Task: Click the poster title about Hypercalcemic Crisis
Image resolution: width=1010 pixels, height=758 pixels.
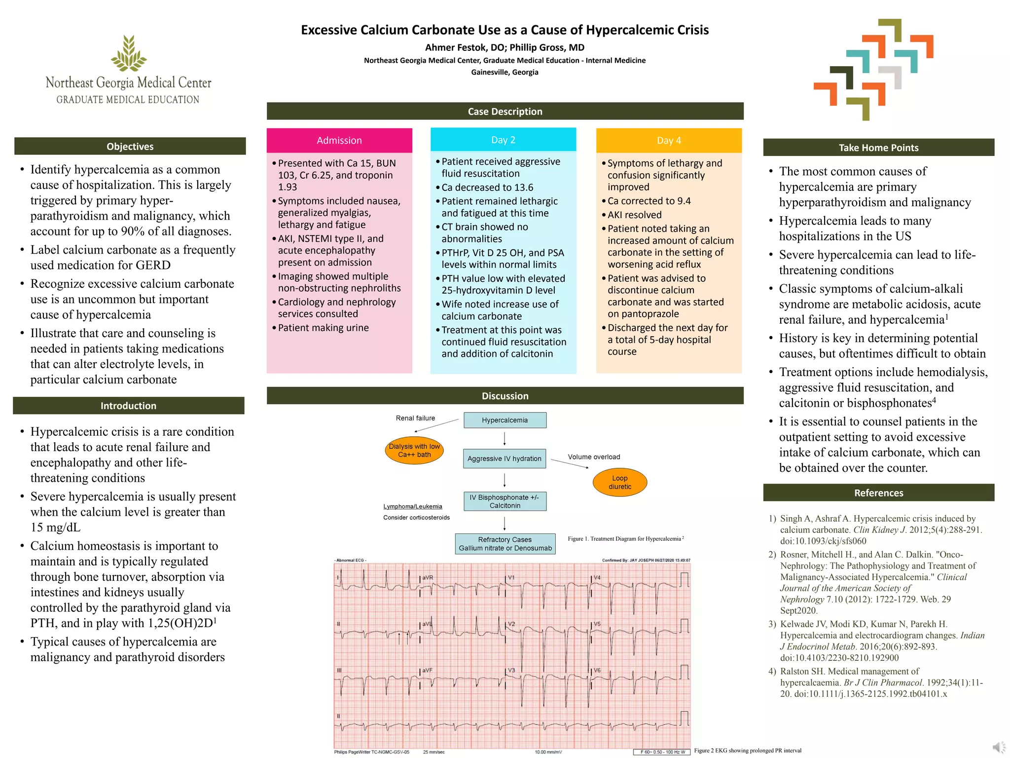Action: (505, 30)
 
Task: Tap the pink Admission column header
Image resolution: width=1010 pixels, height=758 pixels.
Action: (339, 141)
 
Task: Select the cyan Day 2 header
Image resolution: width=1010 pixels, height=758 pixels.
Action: (503, 140)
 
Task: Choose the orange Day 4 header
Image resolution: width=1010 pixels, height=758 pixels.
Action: (669, 141)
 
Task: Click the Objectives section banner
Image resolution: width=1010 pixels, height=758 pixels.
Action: (130, 147)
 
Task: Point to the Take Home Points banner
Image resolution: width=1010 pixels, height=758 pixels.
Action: (878, 148)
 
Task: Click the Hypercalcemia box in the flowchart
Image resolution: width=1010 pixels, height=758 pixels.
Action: (505, 420)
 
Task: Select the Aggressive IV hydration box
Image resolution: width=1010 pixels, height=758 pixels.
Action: (505, 458)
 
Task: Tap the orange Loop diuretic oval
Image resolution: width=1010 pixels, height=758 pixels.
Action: (619, 482)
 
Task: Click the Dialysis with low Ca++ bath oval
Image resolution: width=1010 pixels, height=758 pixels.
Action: (414, 451)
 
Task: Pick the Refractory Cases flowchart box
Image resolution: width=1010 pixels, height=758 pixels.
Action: (505, 544)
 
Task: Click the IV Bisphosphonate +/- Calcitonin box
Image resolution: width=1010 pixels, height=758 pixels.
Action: (505, 501)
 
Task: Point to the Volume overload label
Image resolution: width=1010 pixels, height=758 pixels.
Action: (594, 457)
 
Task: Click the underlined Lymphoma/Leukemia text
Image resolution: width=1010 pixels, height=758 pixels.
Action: (413, 506)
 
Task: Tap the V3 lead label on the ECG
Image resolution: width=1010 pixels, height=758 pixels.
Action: (511, 670)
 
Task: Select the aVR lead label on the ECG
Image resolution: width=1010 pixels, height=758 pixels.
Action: (428, 577)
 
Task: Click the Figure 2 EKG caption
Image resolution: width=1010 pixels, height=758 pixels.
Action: (748, 751)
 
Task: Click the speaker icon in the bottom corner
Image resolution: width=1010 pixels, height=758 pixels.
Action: (999, 748)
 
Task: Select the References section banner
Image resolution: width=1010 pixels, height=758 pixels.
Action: (878, 493)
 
